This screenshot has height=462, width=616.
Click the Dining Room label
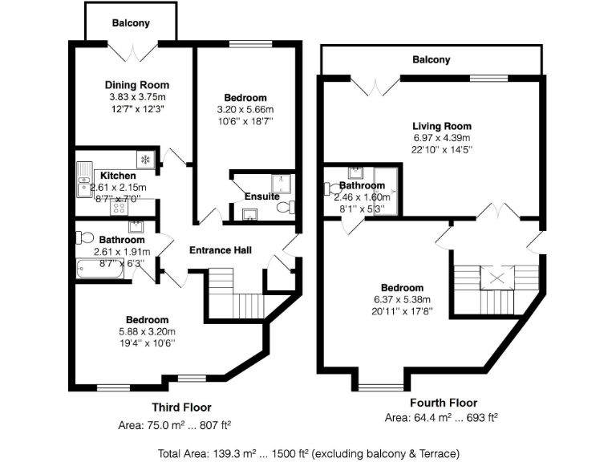click(x=137, y=85)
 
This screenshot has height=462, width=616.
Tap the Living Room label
click(x=441, y=126)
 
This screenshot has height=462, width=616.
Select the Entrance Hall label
click(x=221, y=251)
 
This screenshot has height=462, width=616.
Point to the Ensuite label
click(x=261, y=197)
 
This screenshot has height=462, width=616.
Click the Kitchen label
click(x=117, y=176)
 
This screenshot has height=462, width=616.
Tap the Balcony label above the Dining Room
click(x=131, y=23)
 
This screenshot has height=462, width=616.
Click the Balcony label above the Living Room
click(x=432, y=59)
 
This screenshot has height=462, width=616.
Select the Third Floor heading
click(x=181, y=407)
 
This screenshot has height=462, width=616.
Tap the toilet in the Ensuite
click(x=283, y=208)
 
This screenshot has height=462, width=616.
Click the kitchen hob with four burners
click(x=118, y=207)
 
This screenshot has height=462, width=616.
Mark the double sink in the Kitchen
click(x=84, y=179)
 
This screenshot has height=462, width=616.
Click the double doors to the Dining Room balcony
click(x=131, y=51)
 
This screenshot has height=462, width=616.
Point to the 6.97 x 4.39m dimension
click(x=441, y=137)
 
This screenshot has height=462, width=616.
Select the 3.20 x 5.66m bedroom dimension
click(x=246, y=109)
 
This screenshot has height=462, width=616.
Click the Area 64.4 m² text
click(x=441, y=418)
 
